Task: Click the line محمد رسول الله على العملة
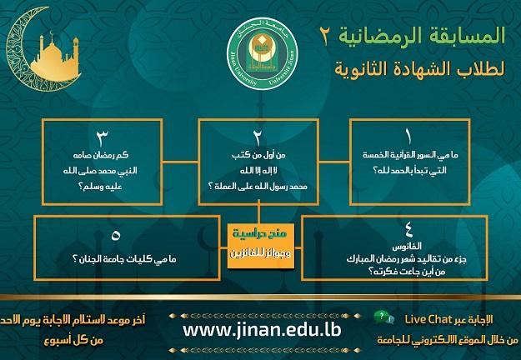point(260,189)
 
